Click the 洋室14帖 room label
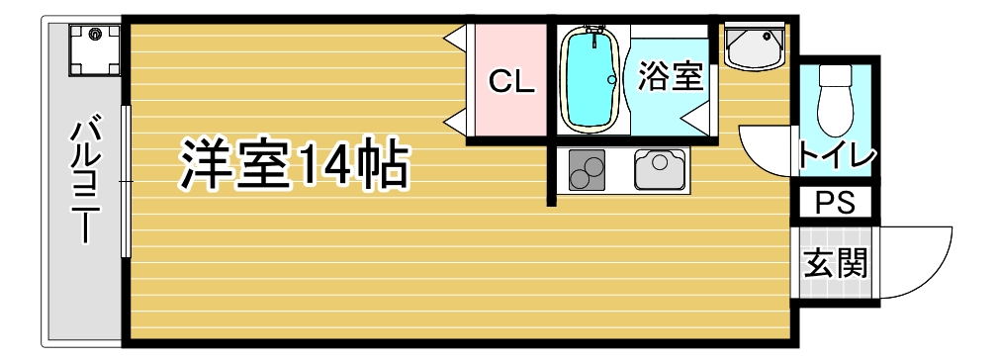[294, 166]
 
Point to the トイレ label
[837, 156]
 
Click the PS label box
[836, 203]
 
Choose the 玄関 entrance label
[836, 264]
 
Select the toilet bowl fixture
[837, 99]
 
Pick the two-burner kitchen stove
[588, 171]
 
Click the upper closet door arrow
[456, 38]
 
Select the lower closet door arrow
[456, 122]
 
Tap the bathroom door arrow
[695, 120]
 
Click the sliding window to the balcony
[126, 182]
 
